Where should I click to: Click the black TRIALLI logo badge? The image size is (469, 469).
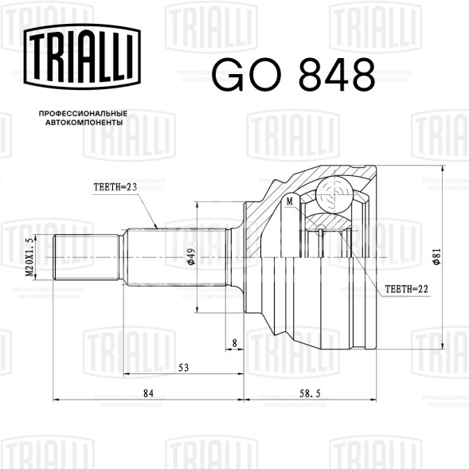click(82, 57)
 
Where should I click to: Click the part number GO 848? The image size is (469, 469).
click(294, 75)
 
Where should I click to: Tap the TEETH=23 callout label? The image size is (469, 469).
click(115, 187)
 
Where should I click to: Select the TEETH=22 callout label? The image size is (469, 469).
click(406, 289)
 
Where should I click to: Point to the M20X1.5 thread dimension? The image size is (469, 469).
click(29, 257)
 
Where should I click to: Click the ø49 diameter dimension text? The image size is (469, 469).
click(191, 256)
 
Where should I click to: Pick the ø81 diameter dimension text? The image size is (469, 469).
click(437, 256)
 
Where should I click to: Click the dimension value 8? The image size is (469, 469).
click(234, 343)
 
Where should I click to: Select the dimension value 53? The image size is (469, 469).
click(183, 368)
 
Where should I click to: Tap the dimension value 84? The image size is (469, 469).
click(148, 393)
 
